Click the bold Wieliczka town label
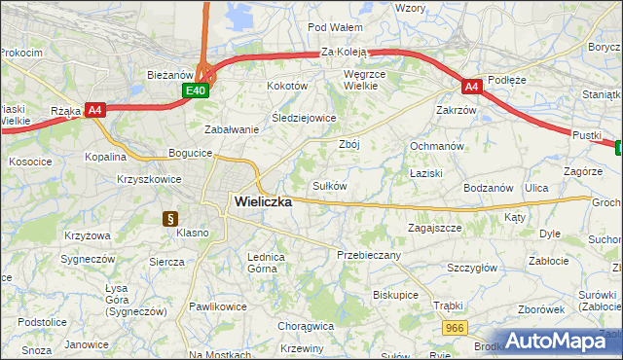pyautogui.click(x=263, y=201)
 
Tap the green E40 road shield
pyautogui.click(x=196, y=90)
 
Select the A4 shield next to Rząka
pyautogui.click(x=94, y=110)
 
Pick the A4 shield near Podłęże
pyautogui.click(x=471, y=87)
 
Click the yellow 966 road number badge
pyautogui.click(x=454, y=329)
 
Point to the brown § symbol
pyautogui.click(x=169, y=219)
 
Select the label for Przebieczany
pyautogui.click(x=369, y=254)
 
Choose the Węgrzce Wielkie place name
pyautogui.click(x=366, y=79)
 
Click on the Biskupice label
pyautogui.click(x=395, y=293)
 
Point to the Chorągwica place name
pyautogui.click(x=305, y=327)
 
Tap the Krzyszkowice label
pyautogui.click(x=145, y=179)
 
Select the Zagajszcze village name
pyautogui.click(x=434, y=227)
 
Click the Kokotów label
pyautogui.click(x=287, y=86)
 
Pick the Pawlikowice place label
pyautogui.click(x=217, y=306)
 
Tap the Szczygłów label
pyautogui.click(x=472, y=268)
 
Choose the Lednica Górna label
pyautogui.click(x=266, y=262)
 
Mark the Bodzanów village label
pyautogui.click(x=488, y=187)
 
